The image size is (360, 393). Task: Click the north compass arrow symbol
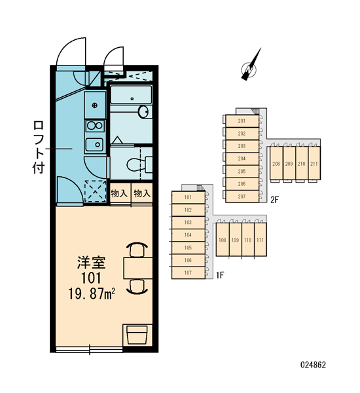pos(251,65)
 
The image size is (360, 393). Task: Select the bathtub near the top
pos(132,95)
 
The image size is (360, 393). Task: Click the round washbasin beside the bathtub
pos(143,111)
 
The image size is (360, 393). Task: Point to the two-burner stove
pos(95,125)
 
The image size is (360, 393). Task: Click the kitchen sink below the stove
pos(94,145)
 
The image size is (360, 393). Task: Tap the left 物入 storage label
pos(119,193)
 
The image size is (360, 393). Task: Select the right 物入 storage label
pos(142,193)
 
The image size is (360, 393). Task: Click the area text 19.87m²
pos(92,293)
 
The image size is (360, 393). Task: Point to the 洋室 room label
pos(91,262)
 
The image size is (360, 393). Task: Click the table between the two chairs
pos(138,268)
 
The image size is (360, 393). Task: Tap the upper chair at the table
pos(137,250)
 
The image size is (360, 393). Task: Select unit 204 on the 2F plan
pos(242,159)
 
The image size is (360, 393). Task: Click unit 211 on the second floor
pos(314,163)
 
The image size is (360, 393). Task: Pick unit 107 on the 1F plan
pos(188,272)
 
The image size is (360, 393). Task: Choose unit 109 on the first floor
pos(235,240)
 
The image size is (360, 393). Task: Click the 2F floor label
pos(275,200)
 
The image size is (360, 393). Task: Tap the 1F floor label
pos(220,276)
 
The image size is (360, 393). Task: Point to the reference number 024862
pos(313,365)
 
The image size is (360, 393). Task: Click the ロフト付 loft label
pos(39,147)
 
